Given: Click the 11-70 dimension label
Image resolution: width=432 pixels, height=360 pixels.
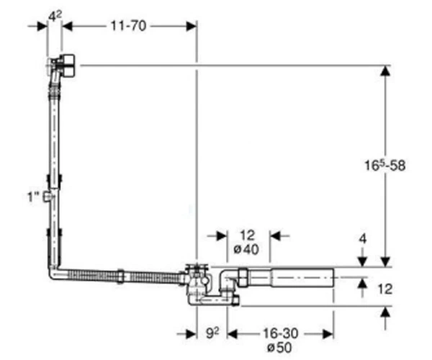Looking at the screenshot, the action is pyautogui.click(x=128, y=26).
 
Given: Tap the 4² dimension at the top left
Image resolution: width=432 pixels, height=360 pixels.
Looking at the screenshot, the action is pyautogui.click(x=55, y=16).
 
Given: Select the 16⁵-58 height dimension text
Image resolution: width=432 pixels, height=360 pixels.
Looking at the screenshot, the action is pyautogui.click(x=385, y=166).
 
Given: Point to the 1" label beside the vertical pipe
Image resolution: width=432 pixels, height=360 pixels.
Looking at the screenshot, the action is pyautogui.click(x=33, y=197).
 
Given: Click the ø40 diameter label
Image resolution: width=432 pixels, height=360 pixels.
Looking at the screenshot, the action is pyautogui.click(x=246, y=250).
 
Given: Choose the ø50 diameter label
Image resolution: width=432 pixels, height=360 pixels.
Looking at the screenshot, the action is pyautogui.click(x=279, y=347).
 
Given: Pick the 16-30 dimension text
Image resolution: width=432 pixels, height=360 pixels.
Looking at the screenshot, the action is pyautogui.click(x=281, y=333).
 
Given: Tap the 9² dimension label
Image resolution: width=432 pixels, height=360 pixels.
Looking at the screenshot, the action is pyautogui.click(x=212, y=333).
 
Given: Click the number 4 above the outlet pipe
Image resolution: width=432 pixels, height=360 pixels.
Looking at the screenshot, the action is pyautogui.click(x=363, y=239).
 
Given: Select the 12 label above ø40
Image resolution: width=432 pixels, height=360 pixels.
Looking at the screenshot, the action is pyautogui.click(x=248, y=235).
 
